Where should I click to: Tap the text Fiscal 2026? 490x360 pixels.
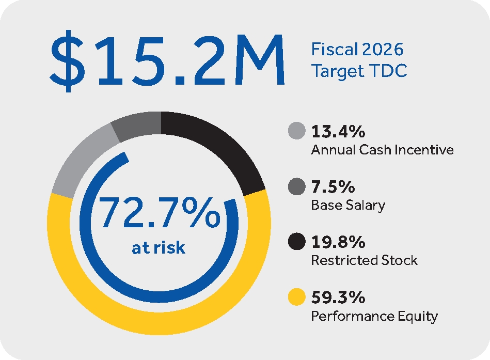pos(357,50)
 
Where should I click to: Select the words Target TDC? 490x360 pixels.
pos(359,71)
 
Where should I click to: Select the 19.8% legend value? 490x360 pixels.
pos(338,242)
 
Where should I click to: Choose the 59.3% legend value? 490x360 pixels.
pos(338,298)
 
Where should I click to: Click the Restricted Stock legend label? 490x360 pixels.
pos(364,260)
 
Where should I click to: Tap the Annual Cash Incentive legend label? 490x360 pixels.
pos(382,150)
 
